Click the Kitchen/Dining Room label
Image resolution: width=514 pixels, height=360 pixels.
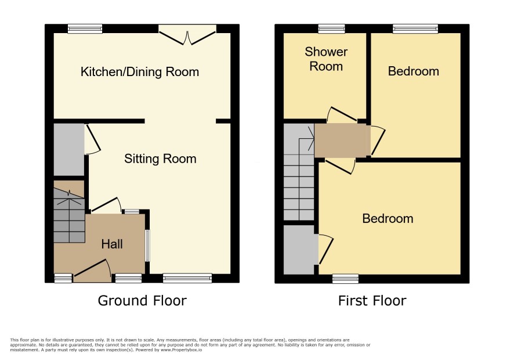pyautogui.click(x=140, y=71)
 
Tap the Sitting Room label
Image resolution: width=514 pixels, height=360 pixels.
pyautogui.click(x=160, y=159)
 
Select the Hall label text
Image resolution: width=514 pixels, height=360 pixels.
pyautogui.click(x=112, y=244)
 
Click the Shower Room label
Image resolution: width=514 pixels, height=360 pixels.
pyautogui.click(x=326, y=59)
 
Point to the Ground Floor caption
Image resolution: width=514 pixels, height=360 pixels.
pyautogui.click(x=142, y=301)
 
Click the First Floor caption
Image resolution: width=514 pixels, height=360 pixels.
pyautogui.click(x=372, y=301)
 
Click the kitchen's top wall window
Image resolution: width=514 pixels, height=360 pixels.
pyautogui.click(x=85, y=29)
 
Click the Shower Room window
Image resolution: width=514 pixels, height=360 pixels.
pyautogui.click(x=331, y=29)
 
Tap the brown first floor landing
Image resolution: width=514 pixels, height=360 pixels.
pyautogui.click(x=342, y=141)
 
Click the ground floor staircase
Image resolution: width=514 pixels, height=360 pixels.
pyautogui.click(x=69, y=211)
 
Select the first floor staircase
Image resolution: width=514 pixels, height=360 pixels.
pyautogui.click(x=299, y=172)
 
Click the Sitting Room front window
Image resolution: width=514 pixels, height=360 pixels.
pyautogui.click(x=187, y=278)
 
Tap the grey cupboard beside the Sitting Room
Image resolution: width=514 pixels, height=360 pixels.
pyautogui.click(x=69, y=150)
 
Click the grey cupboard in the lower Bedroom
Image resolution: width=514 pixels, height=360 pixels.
pyautogui.click(x=301, y=250)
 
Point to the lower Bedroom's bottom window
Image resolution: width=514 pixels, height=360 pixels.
pyautogui.click(x=346, y=279)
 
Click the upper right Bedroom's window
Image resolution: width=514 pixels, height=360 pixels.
pyautogui.click(x=415, y=29)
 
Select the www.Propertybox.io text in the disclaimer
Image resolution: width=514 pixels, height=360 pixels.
pyautogui.click(x=181, y=350)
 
